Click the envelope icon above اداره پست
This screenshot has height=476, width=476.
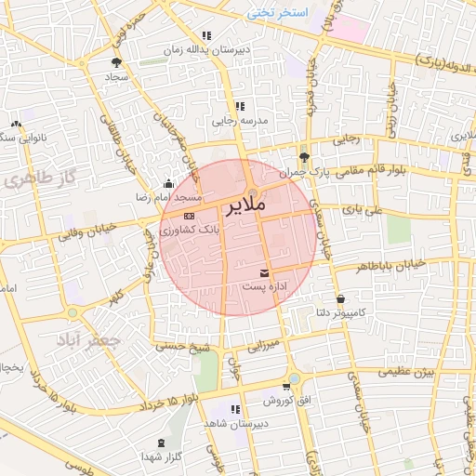266,273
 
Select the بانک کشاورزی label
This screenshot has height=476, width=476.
189,230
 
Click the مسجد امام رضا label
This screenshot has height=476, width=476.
170,198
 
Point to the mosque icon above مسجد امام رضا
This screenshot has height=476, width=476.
167,183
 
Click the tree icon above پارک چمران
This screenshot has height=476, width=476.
304,156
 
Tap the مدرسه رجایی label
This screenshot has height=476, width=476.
241,122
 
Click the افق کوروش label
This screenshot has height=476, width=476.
279,400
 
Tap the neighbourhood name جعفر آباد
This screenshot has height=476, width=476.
89,340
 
